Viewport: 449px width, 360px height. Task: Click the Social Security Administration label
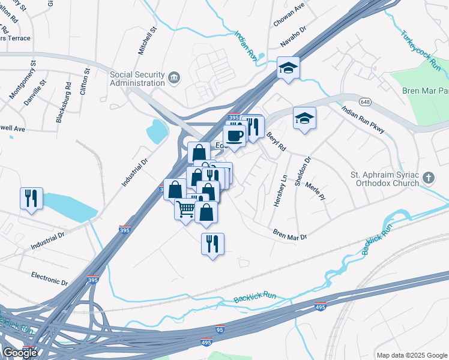[x=137, y=79]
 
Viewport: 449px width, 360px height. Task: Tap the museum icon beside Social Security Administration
[x=174, y=77]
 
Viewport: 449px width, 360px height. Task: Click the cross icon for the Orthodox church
[x=428, y=178]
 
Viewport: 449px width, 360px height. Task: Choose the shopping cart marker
[x=185, y=210]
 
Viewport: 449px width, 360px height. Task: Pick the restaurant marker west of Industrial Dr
[x=31, y=198]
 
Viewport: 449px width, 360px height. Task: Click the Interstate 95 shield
[x=221, y=329]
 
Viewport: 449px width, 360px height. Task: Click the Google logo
[x=20, y=353]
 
